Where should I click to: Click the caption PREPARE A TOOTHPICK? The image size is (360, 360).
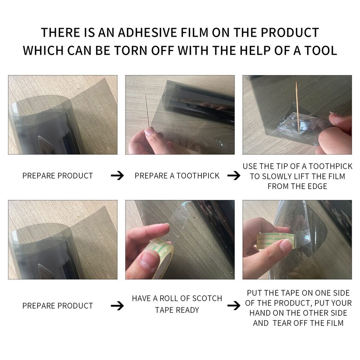click(177, 175)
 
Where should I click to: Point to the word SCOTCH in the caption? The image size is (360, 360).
click(207, 298)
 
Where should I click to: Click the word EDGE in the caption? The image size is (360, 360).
click(316, 186)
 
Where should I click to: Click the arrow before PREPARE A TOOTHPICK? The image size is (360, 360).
click(117, 175)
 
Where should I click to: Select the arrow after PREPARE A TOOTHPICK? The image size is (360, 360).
click(234, 175)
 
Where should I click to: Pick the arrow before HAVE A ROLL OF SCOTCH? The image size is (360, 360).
click(117, 306)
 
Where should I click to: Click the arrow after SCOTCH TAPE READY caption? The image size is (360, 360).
click(234, 306)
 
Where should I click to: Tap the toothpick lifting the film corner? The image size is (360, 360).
click(297, 108)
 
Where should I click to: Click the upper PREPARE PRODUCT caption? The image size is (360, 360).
click(58, 175)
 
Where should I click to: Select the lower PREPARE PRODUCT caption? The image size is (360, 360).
click(58, 306)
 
